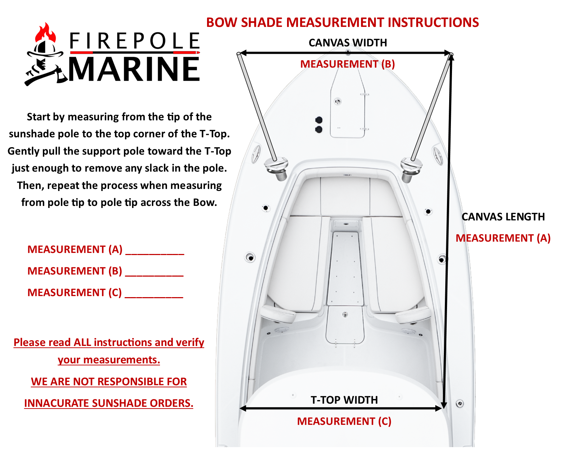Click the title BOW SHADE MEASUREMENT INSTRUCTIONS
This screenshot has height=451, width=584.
tap(342, 23)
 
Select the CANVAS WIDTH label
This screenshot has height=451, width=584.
tap(348, 43)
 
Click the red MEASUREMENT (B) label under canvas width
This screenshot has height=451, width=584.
tap(347, 64)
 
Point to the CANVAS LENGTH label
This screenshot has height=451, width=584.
tap(503, 217)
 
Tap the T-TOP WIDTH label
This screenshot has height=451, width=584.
tap(344, 400)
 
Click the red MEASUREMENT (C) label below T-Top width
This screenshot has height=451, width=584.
tap(344, 421)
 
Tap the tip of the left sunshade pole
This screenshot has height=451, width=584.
tap(239, 54)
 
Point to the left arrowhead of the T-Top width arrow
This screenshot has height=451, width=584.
tap(243, 409)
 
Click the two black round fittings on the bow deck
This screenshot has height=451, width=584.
tap(319, 125)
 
